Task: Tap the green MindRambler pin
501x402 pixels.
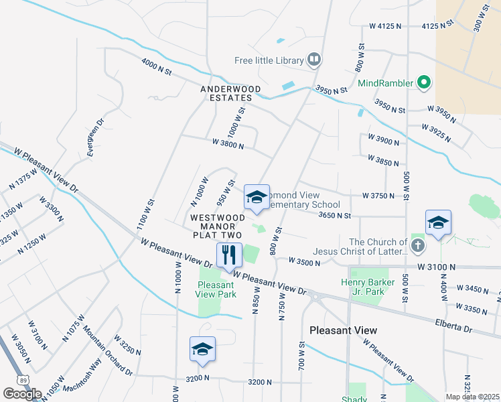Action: [423, 83]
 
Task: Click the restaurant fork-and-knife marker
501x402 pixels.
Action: [229, 255]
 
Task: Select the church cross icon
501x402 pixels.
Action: [418, 246]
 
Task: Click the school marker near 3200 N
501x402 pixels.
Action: [202, 350]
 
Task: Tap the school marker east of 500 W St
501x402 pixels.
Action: [438, 224]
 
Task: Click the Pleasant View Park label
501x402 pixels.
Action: [216, 289]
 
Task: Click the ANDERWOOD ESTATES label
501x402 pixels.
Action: [226, 93]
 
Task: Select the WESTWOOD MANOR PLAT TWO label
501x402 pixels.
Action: [217, 226]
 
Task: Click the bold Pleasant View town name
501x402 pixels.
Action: [343, 330]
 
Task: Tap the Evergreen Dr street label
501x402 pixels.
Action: [94, 139]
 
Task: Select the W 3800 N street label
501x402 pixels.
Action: [228, 143]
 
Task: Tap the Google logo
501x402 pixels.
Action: [22, 393]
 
